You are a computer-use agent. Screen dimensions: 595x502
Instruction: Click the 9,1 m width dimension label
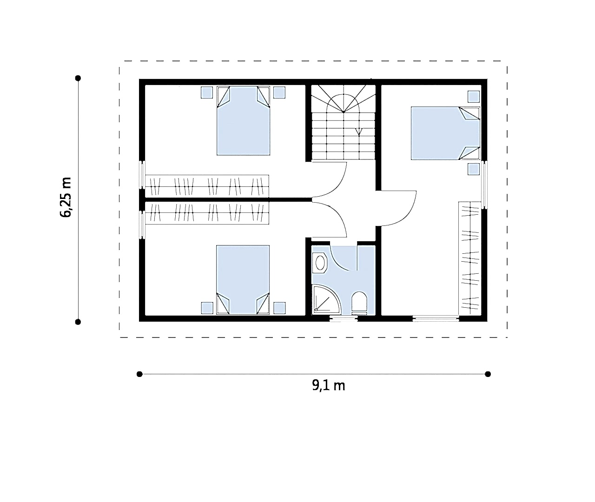328,386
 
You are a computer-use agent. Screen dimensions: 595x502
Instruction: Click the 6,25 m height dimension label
66,197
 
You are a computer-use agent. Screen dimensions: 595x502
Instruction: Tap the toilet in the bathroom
359,303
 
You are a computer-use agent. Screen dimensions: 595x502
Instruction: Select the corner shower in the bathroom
326,299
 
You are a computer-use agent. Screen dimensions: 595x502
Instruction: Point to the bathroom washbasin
320,263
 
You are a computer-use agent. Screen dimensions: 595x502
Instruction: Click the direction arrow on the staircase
359,132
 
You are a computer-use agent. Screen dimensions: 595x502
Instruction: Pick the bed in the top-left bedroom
244,121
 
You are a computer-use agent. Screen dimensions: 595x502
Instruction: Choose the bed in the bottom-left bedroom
243,280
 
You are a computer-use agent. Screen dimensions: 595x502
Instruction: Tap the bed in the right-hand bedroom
445,133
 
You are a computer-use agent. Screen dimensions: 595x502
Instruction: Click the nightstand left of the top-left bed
207,92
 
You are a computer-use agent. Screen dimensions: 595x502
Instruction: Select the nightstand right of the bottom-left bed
279,308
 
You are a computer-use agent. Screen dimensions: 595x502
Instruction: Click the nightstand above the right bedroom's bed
474,97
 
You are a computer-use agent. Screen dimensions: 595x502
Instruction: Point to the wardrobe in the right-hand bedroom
469,258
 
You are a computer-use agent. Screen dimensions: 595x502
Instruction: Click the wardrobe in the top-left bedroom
207,186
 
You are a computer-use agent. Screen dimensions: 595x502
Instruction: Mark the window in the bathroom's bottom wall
344,319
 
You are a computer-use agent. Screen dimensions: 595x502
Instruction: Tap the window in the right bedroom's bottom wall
436,318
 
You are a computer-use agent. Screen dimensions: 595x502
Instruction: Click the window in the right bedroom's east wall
484,185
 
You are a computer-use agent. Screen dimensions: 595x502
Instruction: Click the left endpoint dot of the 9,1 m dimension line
139,374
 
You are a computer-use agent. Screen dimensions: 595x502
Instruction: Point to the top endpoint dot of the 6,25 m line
78,78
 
